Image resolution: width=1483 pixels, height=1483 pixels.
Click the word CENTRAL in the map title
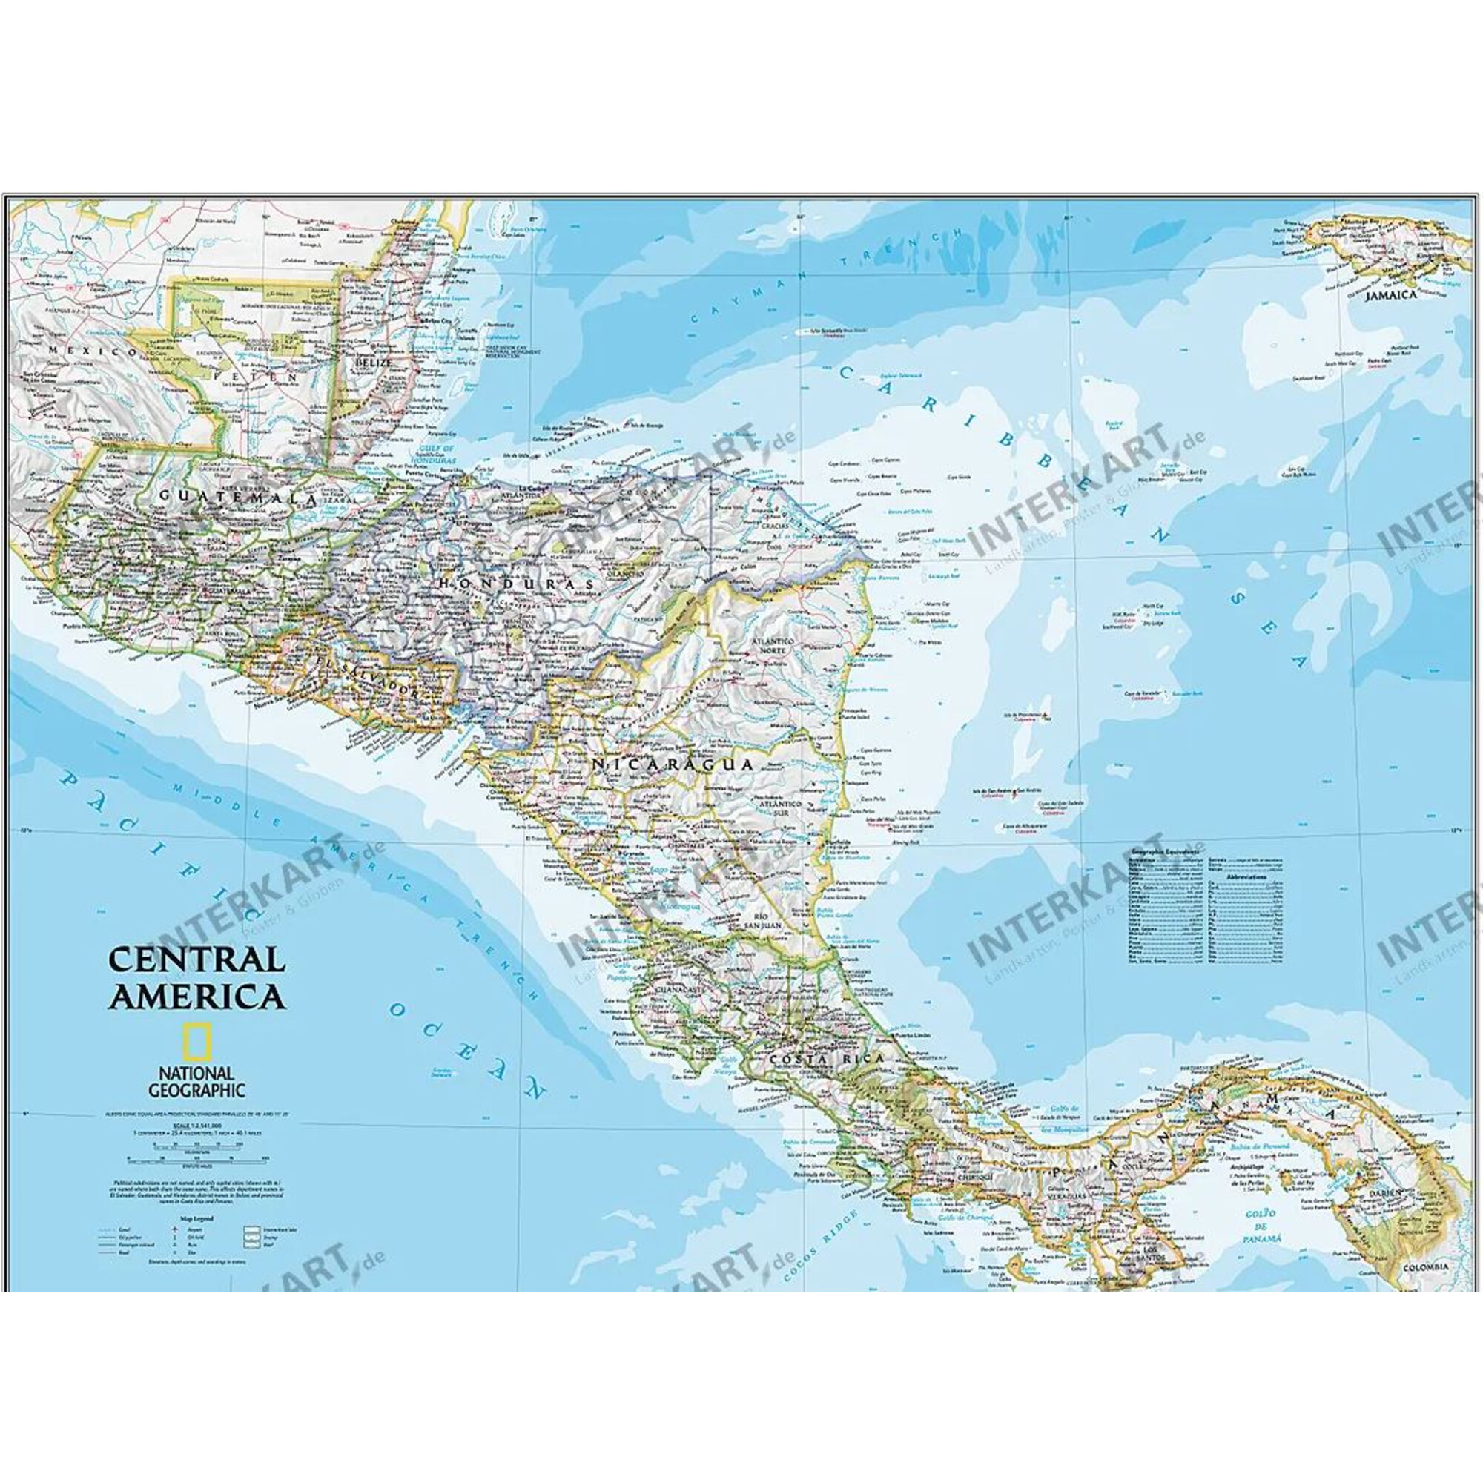196,959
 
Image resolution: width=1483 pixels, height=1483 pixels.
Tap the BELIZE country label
374,362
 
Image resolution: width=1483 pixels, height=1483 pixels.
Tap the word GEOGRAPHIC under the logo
196,1089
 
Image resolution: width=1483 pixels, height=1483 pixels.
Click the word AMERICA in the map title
196,997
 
